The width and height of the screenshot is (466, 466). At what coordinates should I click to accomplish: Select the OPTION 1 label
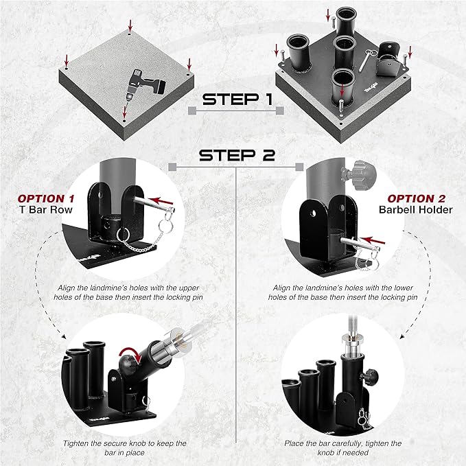(x=46, y=198)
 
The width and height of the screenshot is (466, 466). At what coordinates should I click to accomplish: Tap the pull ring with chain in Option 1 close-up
(x=124, y=233)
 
